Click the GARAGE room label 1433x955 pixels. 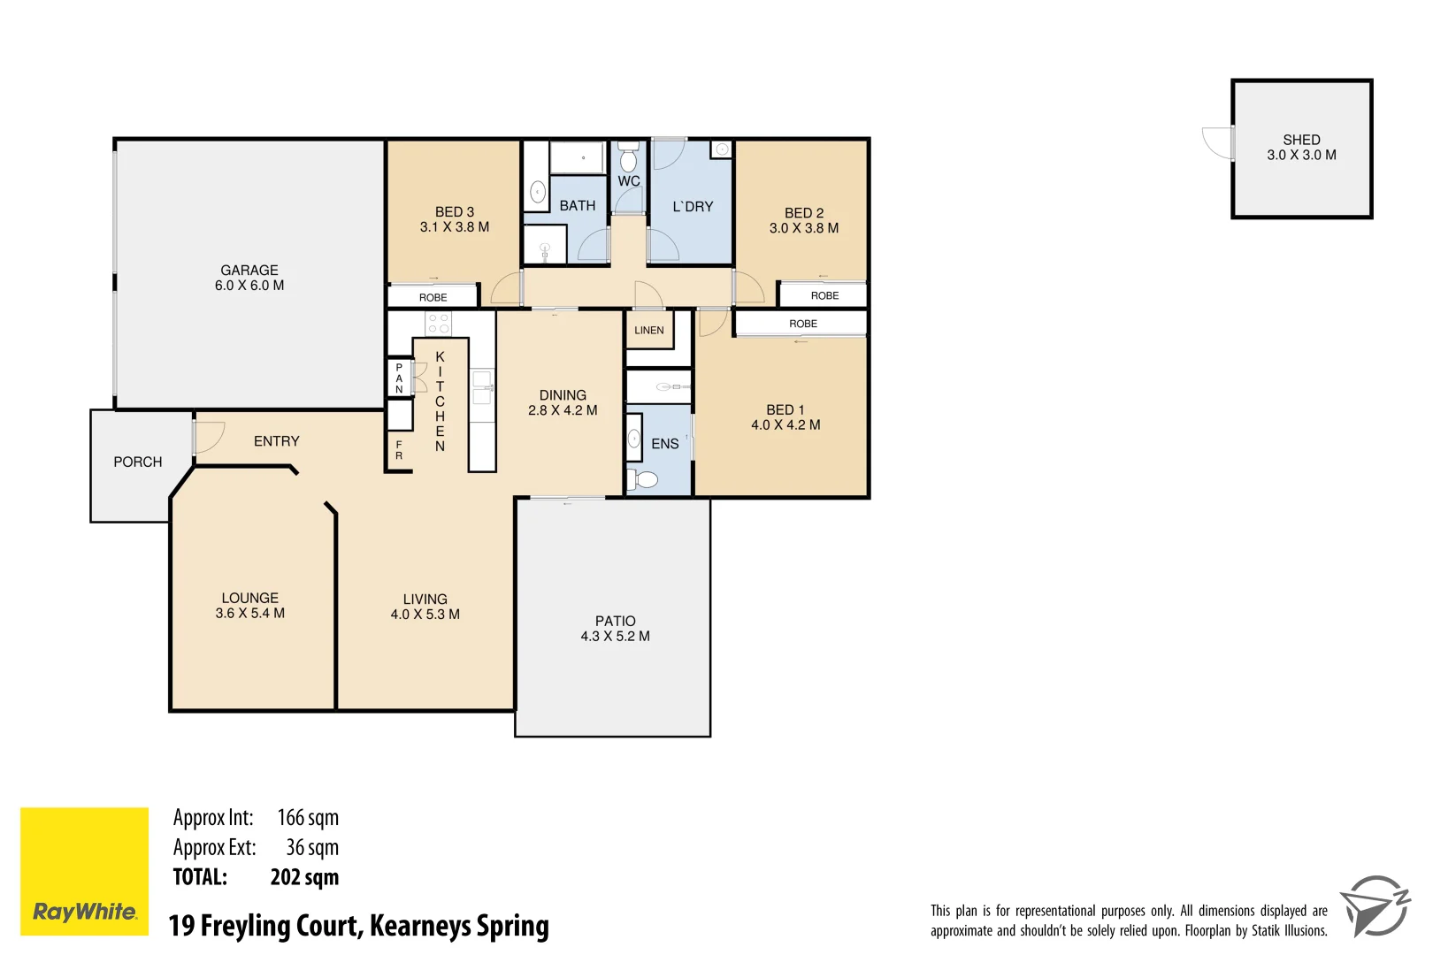249,271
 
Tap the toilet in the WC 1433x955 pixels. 629,159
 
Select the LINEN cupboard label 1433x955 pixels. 648,331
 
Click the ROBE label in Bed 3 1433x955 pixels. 433,298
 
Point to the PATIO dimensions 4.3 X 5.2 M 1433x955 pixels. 615,637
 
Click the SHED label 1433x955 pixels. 1301,140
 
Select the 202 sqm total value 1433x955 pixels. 304,877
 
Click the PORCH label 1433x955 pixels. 138,462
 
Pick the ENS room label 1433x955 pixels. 664,444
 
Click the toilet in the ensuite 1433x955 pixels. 645,479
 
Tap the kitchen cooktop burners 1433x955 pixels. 439,323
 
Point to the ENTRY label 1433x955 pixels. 276,441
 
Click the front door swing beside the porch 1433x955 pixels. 209,437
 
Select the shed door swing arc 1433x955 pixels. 1216,143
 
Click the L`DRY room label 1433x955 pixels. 693,207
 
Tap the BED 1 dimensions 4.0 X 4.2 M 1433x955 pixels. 785,425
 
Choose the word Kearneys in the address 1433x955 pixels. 420,926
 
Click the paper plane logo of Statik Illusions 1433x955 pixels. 1374,906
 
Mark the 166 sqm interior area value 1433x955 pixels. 307,818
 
